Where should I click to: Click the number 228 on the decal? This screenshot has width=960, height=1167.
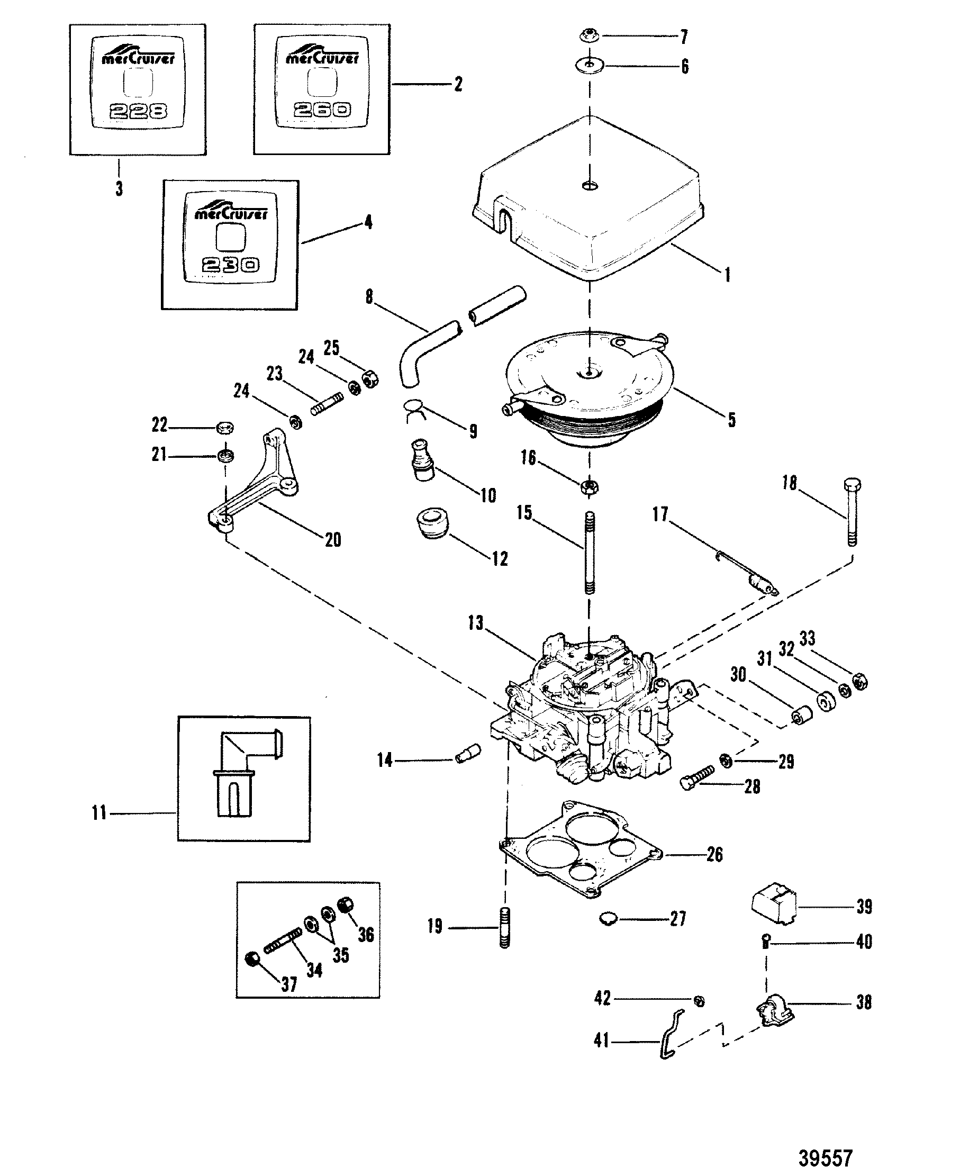[x=138, y=112]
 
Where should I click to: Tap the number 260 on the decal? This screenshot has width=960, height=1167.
[x=322, y=110]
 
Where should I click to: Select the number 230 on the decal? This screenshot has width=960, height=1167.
[x=230, y=266]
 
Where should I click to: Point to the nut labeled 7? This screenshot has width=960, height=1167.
[x=587, y=37]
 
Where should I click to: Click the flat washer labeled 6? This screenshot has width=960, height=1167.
[x=588, y=65]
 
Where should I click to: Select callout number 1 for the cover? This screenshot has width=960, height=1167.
[x=728, y=275]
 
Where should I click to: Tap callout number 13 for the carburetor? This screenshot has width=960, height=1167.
[x=476, y=623]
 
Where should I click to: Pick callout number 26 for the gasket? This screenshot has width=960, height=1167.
[x=714, y=855]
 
